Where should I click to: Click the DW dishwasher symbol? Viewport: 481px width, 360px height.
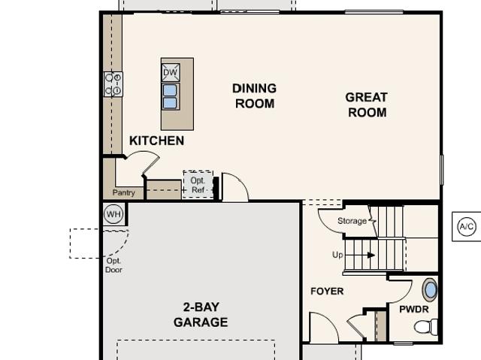(171, 72)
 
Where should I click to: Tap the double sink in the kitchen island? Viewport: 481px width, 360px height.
(171, 97)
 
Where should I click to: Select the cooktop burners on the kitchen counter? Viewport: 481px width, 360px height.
(113, 84)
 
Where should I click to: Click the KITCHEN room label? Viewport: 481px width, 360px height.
(157, 141)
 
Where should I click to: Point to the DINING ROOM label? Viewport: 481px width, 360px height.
(254, 95)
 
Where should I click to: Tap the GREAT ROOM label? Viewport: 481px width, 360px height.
(367, 105)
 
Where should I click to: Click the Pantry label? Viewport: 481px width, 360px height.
(123, 192)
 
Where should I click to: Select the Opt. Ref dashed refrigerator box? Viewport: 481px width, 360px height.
(198, 184)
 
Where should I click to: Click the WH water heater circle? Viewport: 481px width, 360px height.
(113, 214)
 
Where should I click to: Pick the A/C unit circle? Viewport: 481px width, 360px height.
(467, 227)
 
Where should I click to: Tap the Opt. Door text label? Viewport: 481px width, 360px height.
(113, 265)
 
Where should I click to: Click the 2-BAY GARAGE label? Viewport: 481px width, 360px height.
(201, 315)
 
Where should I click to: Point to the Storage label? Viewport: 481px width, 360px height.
(352, 221)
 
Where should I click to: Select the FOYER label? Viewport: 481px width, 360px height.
(327, 291)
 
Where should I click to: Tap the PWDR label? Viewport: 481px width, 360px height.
(414, 309)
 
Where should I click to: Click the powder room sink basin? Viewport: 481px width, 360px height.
(430, 290)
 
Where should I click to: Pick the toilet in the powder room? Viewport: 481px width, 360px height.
(426, 327)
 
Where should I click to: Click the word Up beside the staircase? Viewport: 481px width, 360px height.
(337, 255)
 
